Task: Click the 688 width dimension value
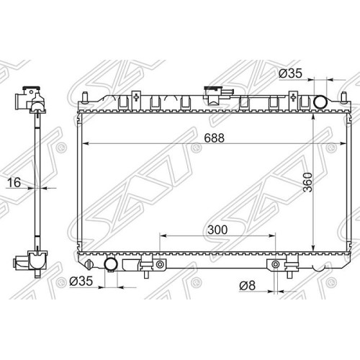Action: point(215,138)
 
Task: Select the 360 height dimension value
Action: point(308,182)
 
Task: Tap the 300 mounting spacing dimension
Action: point(217,230)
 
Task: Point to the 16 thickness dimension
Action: point(14,182)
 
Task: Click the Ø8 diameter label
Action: point(247,286)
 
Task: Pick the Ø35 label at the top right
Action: point(290,73)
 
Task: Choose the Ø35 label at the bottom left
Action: point(81,281)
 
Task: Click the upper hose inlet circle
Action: point(320,102)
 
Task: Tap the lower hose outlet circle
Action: point(111,264)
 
